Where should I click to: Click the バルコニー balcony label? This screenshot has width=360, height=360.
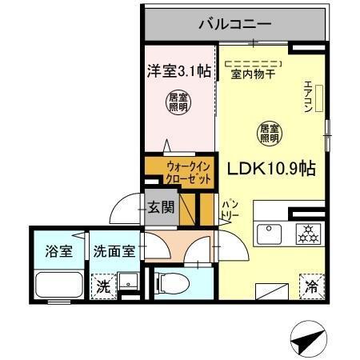[234, 23]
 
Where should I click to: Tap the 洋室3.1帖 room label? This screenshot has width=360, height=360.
[178, 70]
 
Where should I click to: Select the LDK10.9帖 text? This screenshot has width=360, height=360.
[271, 170]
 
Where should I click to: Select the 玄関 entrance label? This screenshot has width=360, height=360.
[160, 207]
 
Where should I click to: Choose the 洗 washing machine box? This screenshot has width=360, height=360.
[103, 285]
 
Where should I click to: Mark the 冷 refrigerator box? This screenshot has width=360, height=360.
[311, 284]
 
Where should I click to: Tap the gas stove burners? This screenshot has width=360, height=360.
[307, 234]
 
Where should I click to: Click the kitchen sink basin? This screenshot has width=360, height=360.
[266, 234]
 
